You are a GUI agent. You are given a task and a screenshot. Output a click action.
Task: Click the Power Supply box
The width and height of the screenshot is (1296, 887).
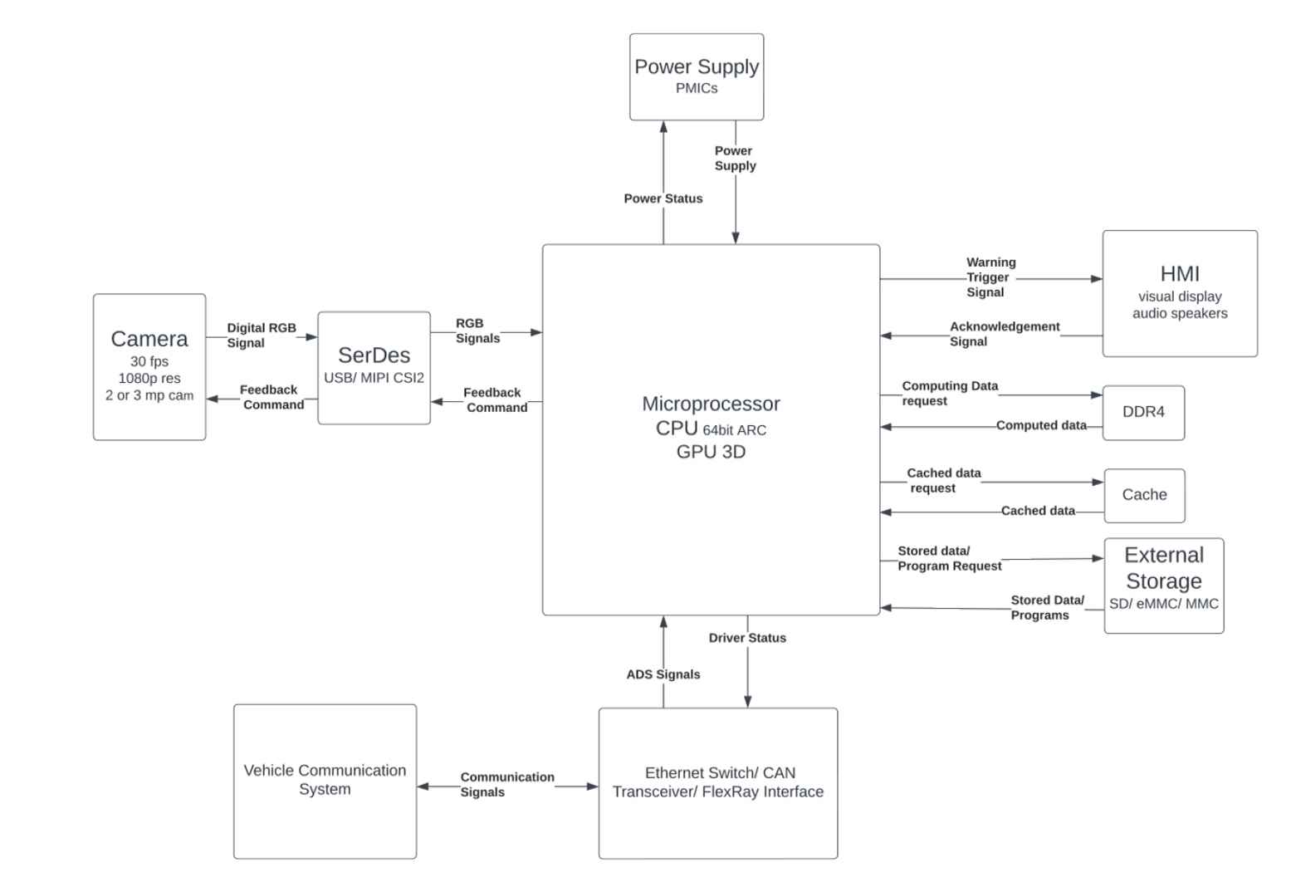coord(696,76)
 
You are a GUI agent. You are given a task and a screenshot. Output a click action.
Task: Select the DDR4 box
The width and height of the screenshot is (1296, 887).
coord(1142,412)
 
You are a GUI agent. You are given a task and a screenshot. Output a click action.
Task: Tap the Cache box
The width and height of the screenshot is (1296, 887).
coord(1143,495)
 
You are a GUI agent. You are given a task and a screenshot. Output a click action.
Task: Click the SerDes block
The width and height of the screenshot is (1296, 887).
coord(374,367)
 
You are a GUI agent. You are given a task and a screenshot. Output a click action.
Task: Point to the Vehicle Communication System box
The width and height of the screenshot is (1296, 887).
coord(325,780)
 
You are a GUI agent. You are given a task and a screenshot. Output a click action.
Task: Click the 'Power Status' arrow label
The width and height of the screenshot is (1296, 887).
coord(663,198)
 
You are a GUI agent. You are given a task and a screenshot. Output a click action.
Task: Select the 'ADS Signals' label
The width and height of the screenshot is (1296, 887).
coord(663,674)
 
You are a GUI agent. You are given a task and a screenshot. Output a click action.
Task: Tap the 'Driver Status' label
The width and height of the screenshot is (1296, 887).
coord(746,638)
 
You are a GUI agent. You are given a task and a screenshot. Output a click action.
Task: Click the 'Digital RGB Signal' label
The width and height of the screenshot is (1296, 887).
coord(261,336)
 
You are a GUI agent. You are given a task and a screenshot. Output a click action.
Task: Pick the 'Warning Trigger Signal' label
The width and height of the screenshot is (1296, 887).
coord(989,277)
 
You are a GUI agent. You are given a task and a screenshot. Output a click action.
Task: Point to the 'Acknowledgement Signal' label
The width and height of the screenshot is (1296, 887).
coord(1004,334)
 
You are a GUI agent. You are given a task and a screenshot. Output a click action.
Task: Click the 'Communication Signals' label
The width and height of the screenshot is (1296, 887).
coord(506,784)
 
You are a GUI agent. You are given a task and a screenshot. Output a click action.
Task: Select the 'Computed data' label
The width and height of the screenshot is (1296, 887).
coord(1040,425)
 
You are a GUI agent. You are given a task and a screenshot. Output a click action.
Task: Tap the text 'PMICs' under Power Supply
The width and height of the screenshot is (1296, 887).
coord(696,88)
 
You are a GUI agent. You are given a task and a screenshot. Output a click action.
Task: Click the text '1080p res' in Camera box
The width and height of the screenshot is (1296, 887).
coord(149,378)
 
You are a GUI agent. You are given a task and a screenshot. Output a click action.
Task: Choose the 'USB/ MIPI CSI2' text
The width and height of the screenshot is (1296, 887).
coord(374,378)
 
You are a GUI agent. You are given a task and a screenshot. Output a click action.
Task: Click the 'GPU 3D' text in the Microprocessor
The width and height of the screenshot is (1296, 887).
coord(711,452)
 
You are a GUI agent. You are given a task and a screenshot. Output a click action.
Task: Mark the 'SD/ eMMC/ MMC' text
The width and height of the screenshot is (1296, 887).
coord(1163,604)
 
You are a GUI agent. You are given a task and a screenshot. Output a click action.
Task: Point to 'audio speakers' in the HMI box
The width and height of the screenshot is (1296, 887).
coord(1179,313)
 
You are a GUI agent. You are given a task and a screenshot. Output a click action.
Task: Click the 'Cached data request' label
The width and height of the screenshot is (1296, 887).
coord(942,480)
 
